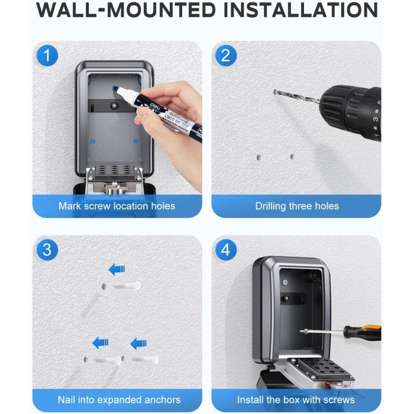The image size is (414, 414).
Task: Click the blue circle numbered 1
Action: (x=47, y=56)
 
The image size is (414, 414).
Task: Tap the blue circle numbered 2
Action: (x=226, y=56)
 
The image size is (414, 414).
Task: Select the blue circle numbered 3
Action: (x=47, y=250)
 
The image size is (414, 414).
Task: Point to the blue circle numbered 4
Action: (x=226, y=250)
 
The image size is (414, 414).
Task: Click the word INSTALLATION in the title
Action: (x=300, y=10)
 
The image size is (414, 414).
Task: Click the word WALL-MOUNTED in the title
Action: (x=126, y=10)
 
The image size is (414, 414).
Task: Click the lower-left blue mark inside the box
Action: (x=93, y=141)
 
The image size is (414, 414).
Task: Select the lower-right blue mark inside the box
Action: (x=136, y=141)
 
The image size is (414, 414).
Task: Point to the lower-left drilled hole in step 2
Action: (x=259, y=158)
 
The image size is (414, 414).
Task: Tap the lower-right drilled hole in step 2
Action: (x=292, y=157)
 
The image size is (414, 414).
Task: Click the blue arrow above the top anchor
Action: (x=117, y=269)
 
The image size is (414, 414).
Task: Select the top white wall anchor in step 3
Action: (x=126, y=286)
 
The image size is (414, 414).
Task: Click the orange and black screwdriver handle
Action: (x=363, y=332)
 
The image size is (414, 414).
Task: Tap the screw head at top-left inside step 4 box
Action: (x=285, y=282)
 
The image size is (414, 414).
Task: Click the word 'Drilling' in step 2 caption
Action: (x=271, y=206)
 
